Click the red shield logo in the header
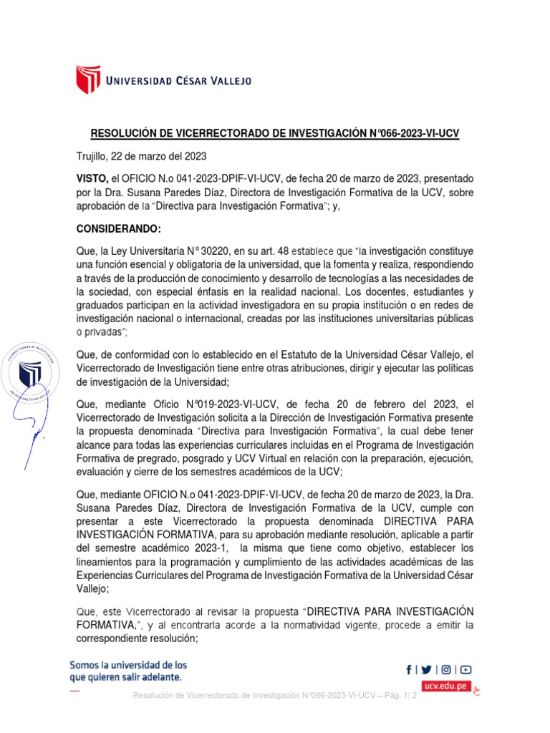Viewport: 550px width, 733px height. click(x=88, y=80)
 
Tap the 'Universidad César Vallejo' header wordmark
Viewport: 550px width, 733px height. click(x=178, y=81)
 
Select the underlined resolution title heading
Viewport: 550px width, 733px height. click(x=275, y=134)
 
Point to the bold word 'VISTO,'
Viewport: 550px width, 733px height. click(x=92, y=178)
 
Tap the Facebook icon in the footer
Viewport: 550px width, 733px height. click(x=409, y=670)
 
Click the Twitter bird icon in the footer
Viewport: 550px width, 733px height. click(x=427, y=670)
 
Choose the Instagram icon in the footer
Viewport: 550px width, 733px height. click(x=446, y=670)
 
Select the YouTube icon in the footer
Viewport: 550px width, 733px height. click(x=465, y=670)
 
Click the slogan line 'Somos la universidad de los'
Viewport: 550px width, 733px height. click(x=128, y=664)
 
